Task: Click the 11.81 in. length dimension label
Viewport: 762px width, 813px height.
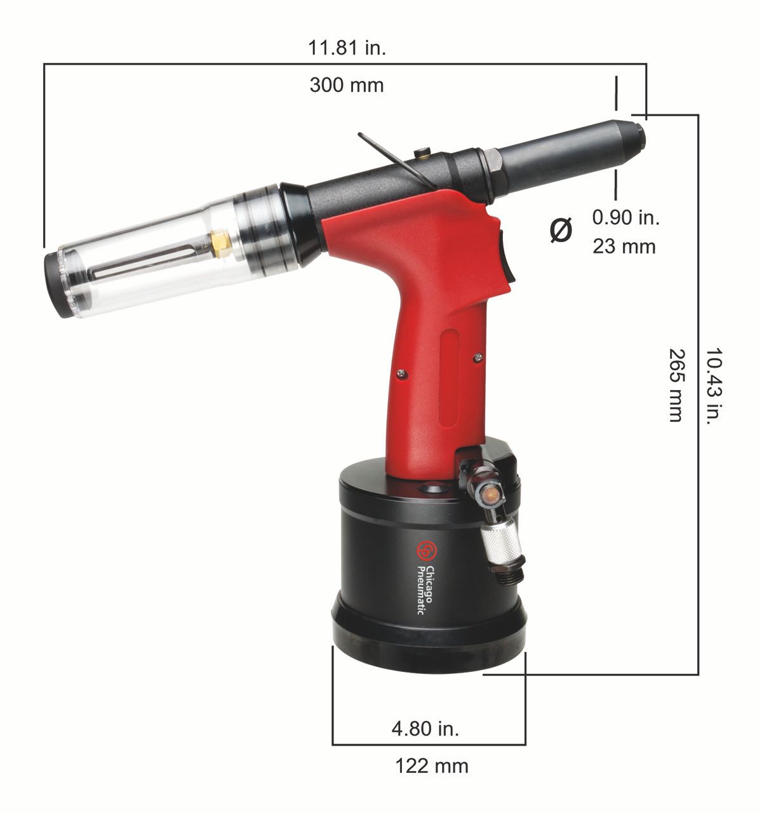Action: [347, 48]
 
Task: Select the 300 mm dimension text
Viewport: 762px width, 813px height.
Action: [347, 84]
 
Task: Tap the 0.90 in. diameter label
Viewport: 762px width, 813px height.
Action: [625, 217]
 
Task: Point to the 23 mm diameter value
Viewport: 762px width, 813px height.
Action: [624, 246]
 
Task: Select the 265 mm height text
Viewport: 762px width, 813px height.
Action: [676, 384]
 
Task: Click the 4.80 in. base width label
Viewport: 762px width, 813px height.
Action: [425, 728]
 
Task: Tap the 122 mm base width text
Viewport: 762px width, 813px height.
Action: [432, 765]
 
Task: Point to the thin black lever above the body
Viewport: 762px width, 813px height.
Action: [393, 159]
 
